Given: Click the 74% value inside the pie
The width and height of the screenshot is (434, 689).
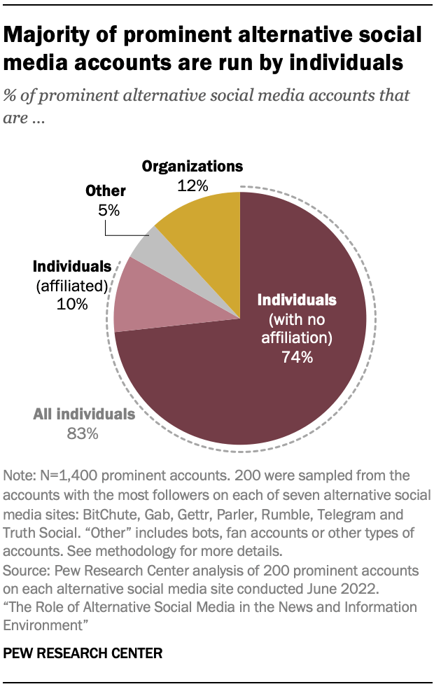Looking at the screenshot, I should [297, 357].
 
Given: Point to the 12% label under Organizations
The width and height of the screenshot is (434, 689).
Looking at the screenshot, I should [192, 186].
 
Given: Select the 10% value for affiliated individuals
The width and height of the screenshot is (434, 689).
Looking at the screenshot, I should [73, 305].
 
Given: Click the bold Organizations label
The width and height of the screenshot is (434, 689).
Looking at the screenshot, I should [192, 167].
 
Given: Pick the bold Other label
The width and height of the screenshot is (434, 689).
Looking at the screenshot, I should [106, 190].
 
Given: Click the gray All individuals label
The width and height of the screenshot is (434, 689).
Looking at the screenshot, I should [84, 414].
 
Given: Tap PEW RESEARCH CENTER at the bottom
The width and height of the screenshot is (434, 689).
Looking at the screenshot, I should [83, 653].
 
